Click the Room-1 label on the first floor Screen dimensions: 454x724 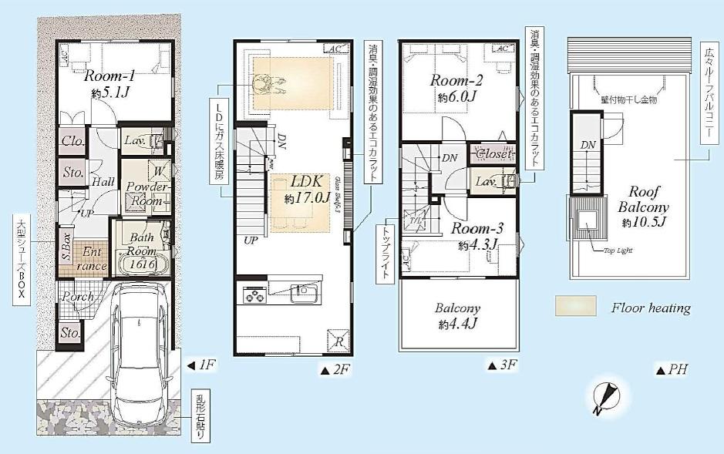[109, 76]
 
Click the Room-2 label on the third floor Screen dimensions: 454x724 [456, 80]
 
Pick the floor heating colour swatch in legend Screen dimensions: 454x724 [575, 307]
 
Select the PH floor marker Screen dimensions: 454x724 [671, 370]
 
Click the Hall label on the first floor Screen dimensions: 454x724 [103, 181]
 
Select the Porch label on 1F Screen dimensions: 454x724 [78, 297]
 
